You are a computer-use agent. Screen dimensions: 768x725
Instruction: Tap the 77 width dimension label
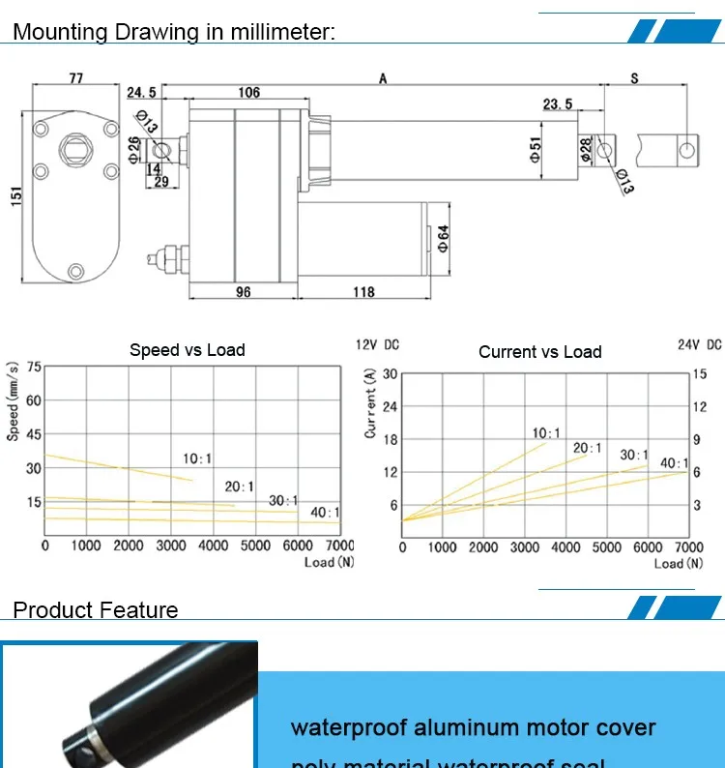pos(75,78)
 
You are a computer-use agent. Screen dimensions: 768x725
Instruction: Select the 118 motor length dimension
pos(362,291)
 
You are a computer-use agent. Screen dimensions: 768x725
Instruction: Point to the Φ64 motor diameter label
pos(444,237)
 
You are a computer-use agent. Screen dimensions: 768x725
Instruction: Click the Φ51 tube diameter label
pos(536,150)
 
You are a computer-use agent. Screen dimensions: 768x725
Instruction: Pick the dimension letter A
pos(384,78)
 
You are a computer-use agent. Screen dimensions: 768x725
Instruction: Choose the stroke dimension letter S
pos(634,78)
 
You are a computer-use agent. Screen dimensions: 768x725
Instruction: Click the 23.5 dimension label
pos(558,104)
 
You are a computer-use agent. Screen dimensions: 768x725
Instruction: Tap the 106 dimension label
pos(248,93)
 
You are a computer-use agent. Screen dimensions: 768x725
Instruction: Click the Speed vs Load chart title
pos(188,350)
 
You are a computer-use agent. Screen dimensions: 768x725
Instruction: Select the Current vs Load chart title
pos(539,352)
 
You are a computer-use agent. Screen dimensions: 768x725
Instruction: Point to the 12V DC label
pos(377,345)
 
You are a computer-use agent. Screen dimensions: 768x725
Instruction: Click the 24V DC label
pos(700,344)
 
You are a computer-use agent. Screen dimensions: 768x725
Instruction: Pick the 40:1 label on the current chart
pos(675,463)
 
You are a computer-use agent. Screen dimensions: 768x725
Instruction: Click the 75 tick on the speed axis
pos(34,367)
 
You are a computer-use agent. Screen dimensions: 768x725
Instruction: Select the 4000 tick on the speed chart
pos(214,546)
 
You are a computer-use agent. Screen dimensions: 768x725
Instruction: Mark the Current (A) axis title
pos(371,407)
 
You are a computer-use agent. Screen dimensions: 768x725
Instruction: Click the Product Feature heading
pos(96,610)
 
